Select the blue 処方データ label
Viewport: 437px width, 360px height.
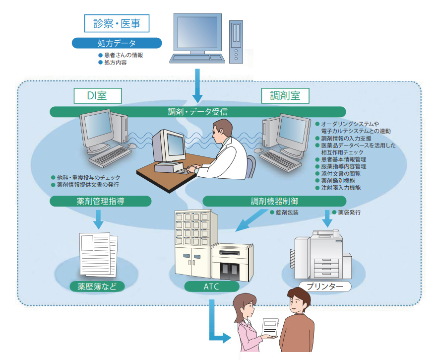117,43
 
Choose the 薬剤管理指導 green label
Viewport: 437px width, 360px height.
100,201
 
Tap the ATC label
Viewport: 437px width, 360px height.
211,287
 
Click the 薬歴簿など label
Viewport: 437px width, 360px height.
97,287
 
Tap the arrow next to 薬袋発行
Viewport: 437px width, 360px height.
327,217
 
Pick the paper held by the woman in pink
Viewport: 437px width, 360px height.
270,327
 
